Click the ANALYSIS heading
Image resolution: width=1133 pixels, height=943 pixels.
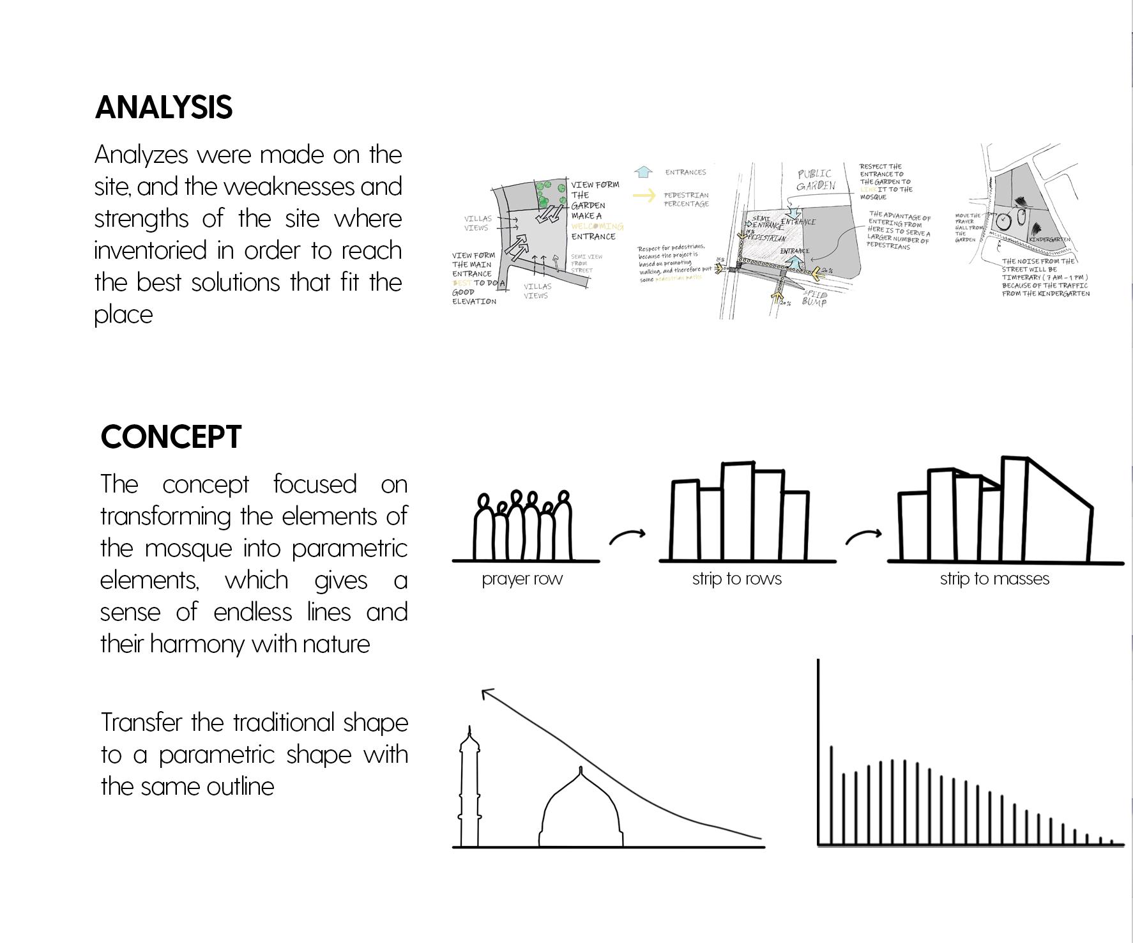163,107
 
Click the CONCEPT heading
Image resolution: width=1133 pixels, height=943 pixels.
171,437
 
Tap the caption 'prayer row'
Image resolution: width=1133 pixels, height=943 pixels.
522,579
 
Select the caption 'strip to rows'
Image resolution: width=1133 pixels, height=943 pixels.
736,579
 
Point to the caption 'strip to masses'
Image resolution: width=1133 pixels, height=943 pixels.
994,579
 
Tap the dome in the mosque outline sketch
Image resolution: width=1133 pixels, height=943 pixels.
581,811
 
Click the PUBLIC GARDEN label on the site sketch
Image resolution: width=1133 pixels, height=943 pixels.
815,180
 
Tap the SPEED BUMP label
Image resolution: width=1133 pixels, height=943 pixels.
814,298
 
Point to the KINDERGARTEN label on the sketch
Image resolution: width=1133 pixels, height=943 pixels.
1049,240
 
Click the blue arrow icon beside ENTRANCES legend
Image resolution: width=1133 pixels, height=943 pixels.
643,172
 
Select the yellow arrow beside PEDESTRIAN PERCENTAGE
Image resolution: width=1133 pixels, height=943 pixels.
644,195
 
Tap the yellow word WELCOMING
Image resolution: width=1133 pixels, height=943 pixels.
597,226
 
